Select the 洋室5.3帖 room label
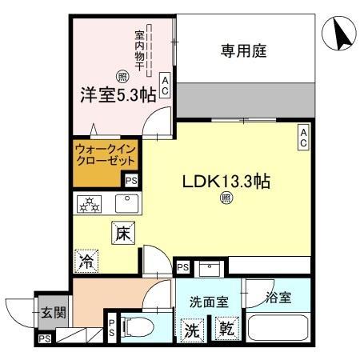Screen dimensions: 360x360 117,94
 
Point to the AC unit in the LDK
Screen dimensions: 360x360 304,138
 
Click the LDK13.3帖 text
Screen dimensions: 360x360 226,182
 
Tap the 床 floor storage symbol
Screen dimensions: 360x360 122,233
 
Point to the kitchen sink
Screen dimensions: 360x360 126,203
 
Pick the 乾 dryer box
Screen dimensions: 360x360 225,328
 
